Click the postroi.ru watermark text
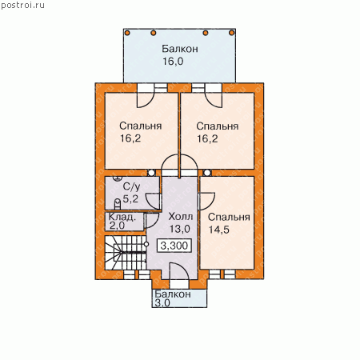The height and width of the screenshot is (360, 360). click(x=22, y=6)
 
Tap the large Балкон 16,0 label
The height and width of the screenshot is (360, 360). click(x=180, y=55)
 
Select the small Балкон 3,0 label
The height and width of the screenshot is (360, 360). click(x=173, y=298)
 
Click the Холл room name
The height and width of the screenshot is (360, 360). click(x=181, y=217)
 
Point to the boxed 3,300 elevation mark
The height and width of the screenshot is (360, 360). click(x=174, y=246)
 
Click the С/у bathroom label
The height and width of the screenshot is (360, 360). click(x=131, y=186)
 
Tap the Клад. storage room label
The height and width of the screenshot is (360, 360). click(x=122, y=217)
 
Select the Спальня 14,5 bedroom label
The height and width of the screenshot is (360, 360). click(x=229, y=223)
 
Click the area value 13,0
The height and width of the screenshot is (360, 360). click(x=180, y=229)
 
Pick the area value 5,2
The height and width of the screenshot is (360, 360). click(x=130, y=198)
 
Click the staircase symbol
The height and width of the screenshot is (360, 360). click(x=126, y=253)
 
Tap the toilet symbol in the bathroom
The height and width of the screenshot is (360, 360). click(x=118, y=203)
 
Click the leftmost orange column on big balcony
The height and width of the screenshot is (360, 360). click(x=127, y=33)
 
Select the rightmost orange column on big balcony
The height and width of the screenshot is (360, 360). click(x=231, y=33)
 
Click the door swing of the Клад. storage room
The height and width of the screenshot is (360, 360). click(x=151, y=221)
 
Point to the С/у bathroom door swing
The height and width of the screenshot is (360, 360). click(x=153, y=202)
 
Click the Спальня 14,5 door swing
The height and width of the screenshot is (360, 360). click(x=207, y=201)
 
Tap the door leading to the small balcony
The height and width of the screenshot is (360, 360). click(x=178, y=272)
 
